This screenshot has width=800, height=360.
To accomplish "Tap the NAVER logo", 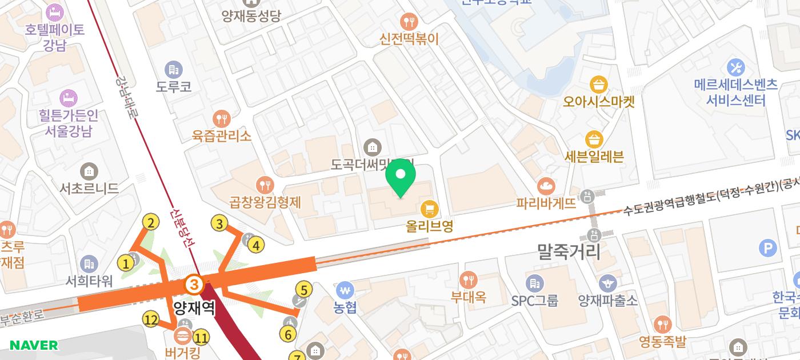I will [34, 345].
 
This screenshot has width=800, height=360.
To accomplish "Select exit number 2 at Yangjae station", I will [150, 223].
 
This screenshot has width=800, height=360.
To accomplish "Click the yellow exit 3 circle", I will [220, 223].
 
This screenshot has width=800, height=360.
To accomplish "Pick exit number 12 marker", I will [151, 319].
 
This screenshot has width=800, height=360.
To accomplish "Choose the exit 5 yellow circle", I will [303, 290].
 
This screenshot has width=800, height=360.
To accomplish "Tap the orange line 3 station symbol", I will [194, 283].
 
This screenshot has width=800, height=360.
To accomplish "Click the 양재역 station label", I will [194, 308].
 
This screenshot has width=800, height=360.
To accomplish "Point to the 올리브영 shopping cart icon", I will [429, 209].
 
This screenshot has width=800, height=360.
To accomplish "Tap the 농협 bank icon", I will [345, 290].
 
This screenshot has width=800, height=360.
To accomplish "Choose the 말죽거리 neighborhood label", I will [569, 251].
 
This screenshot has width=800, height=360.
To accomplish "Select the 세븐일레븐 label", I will [594, 156].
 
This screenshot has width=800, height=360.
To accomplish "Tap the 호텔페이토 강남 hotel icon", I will [55, 11].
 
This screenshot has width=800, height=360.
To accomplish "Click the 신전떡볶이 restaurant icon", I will [409, 22].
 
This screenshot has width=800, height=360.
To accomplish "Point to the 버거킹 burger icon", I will [183, 335].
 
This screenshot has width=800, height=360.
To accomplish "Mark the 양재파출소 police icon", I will [607, 283].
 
